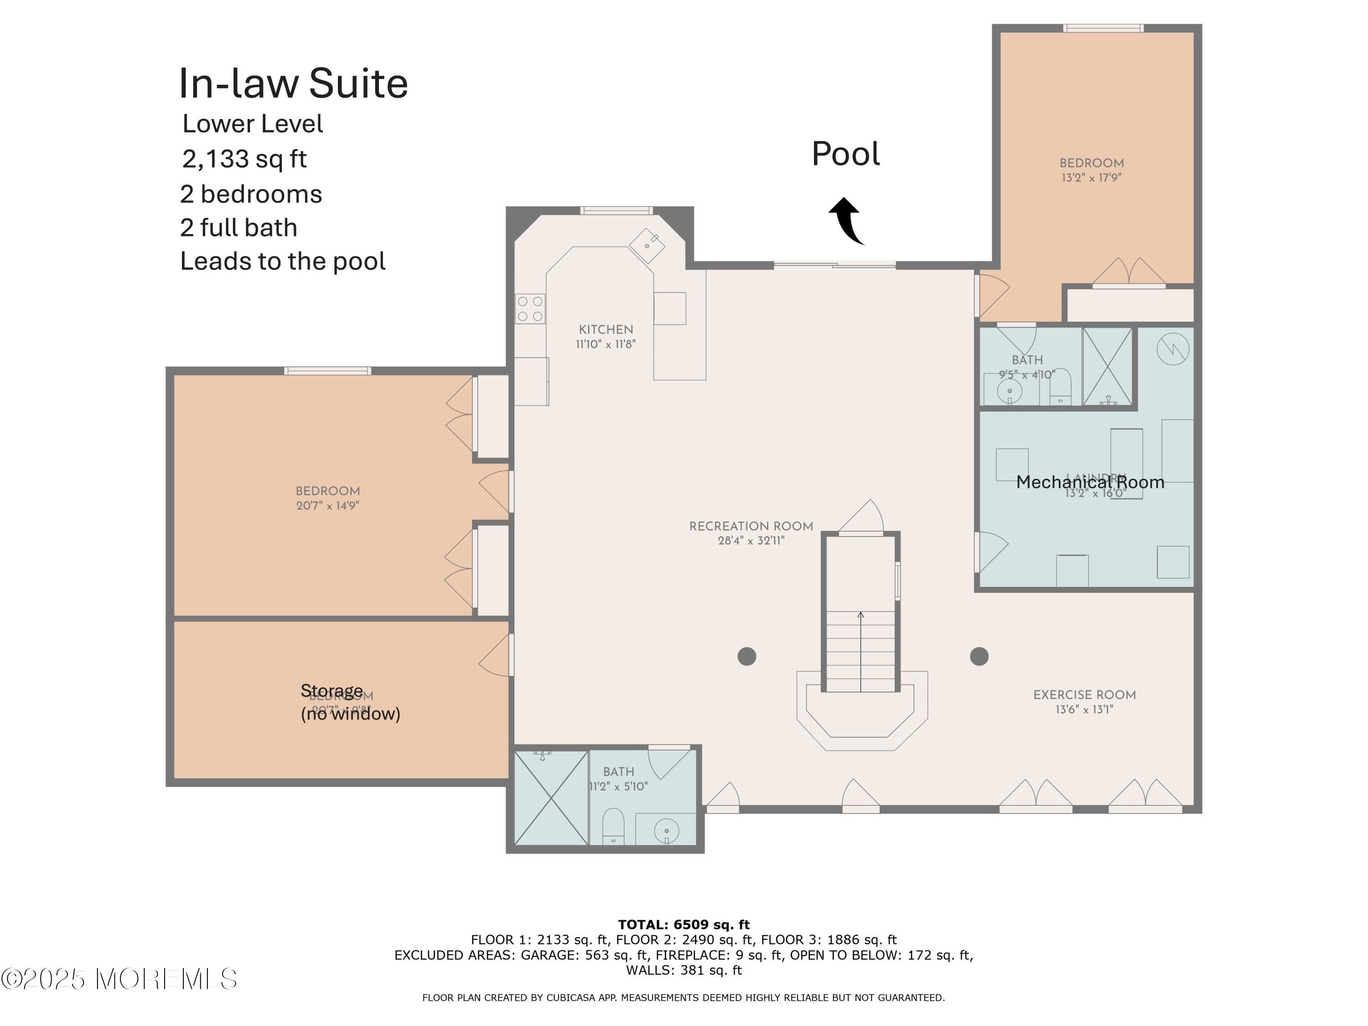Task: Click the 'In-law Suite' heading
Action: (x=293, y=83)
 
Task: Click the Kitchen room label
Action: (x=606, y=336)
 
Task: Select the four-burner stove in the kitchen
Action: (x=530, y=309)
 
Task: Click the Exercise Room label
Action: (x=1084, y=701)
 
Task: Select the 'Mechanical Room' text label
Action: (x=1090, y=482)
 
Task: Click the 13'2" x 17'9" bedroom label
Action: (x=1092, y=170)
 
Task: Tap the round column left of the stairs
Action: (x=746, y=656)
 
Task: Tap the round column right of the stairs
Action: (x=979, y=656)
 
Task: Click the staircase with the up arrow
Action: (x=860, y=649)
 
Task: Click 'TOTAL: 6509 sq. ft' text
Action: (x=684, y=925)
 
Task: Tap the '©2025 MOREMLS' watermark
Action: (x=119, y=979)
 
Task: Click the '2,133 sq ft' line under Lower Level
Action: (x=244, y=159)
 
